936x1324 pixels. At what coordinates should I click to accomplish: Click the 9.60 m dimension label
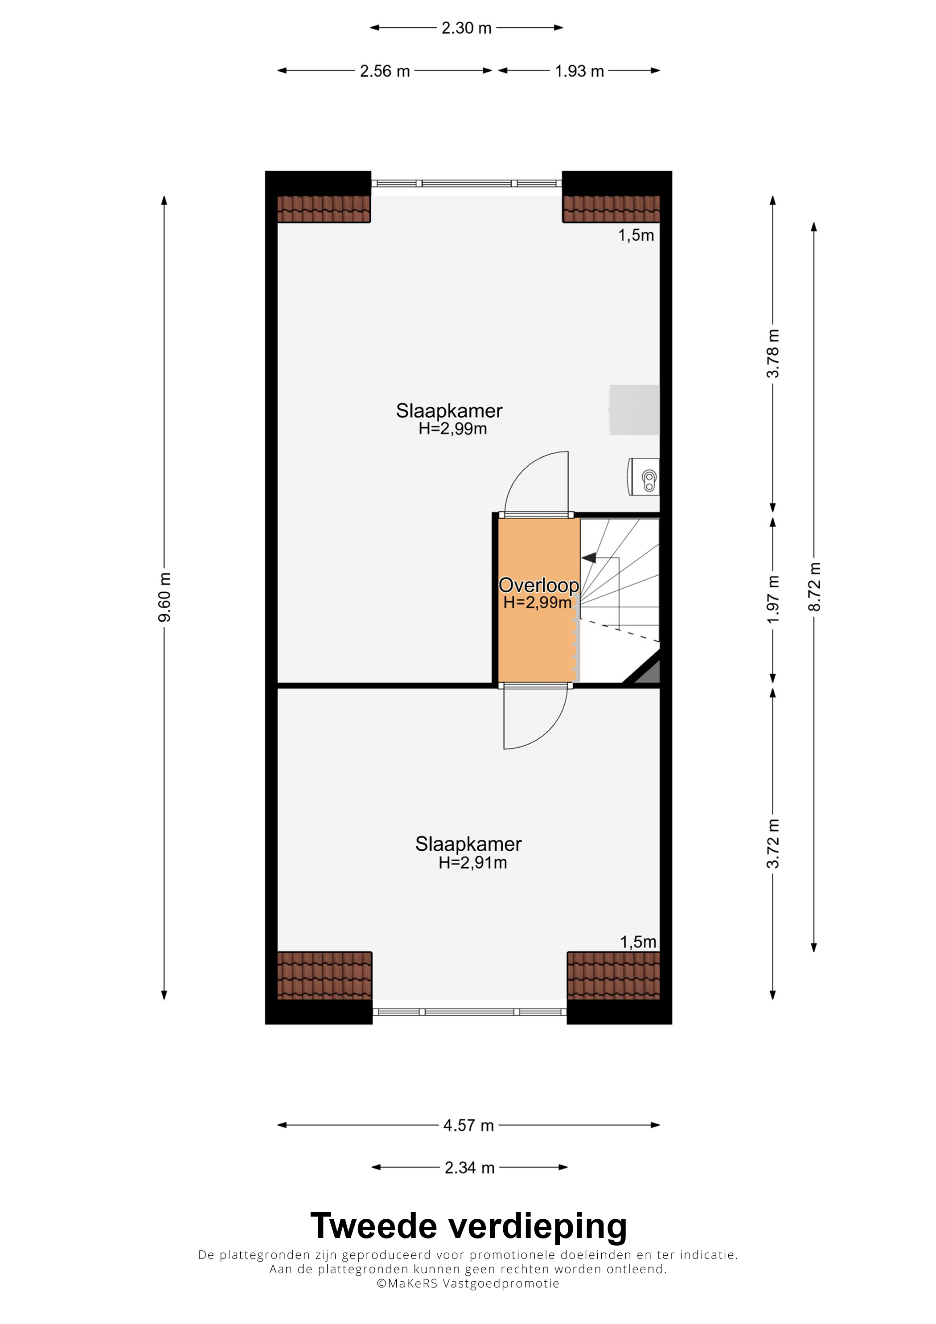tap(164, 598)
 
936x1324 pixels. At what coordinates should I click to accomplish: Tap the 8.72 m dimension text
tap(814, 586)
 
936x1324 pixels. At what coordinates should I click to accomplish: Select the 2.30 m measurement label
tap(467, 28)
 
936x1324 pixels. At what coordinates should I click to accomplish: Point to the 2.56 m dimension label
tap(385, 71)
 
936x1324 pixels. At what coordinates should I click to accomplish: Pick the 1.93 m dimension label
tap(579, 71)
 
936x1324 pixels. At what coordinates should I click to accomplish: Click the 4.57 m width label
tap(468, 1125)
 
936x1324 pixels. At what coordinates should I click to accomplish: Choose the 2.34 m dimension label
tap(469, 1168)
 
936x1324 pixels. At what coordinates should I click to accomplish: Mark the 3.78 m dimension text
tap(773, 353)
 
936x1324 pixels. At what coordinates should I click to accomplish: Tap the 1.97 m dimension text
tap(773, 598)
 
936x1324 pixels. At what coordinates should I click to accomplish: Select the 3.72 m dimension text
tap(773, 844)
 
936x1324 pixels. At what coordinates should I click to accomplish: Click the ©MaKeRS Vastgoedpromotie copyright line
tap(468, 1283)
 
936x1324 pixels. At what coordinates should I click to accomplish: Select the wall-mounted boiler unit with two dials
tap(643, 477)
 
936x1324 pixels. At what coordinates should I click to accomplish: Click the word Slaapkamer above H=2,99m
tap(449, 410)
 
